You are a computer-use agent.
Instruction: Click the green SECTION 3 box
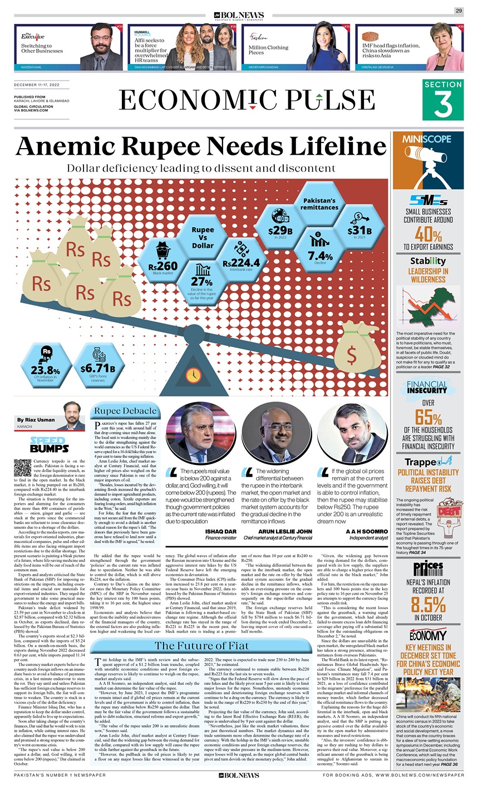coord(442,100)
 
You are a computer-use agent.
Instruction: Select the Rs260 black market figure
coord(164,266)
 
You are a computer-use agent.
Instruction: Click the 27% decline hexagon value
coord(198,282)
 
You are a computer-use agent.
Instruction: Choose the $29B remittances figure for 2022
coord(280,229)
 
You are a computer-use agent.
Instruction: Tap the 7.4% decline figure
coord(321,255)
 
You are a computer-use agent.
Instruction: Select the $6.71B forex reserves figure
coord(97,369)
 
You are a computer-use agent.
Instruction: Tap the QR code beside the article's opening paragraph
coord(22,467)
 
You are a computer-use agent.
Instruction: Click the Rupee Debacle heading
coord(125,411)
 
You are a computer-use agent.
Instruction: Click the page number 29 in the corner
coord(459,11)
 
